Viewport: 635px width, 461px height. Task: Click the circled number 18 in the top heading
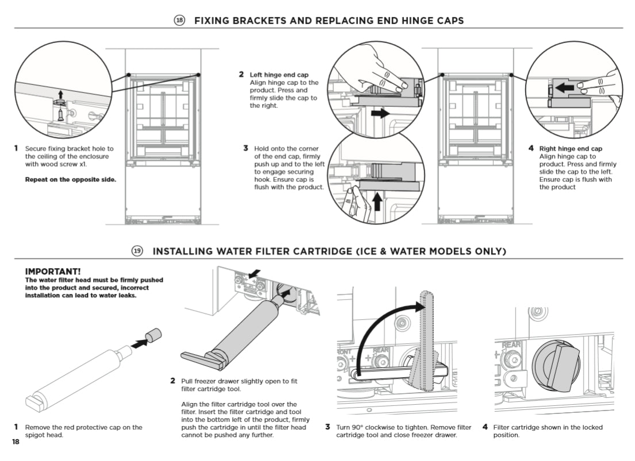pyautogui.click(x=179, y=21)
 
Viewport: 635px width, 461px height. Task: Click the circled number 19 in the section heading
pyautogui.click(x=137, y=251)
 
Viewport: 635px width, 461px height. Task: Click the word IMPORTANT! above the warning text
pyautogui.click(x=53, y=271)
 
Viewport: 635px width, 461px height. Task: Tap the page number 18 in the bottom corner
pyautogui.click(x=15, y=442)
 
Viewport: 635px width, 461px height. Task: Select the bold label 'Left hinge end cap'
pyautogui.click(x=279, y=75)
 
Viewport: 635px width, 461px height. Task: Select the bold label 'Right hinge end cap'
pyautogui.click(x=570, y=149)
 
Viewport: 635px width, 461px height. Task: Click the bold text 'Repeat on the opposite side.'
pyautogui.click(x=70, y=179)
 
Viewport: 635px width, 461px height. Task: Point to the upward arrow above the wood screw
pyautogui.click(x=60, y=94)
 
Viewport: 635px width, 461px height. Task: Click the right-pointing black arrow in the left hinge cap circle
pyautogui.click(x=379, y=114)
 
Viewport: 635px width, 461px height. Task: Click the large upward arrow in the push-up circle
pyautogui.click(x=377, y=202)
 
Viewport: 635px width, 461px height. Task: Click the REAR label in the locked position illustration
pyautogui.click(x=511, y=344)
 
